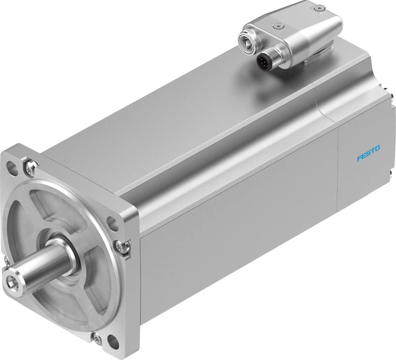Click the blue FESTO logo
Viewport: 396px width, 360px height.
click(368, 153)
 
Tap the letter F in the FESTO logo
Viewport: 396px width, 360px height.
click(359, 158)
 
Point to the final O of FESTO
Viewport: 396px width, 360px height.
click(377, 148)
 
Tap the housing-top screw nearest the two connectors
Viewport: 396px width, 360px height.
click(279, 26)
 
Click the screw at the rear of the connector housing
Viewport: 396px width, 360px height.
click(319, 8)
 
